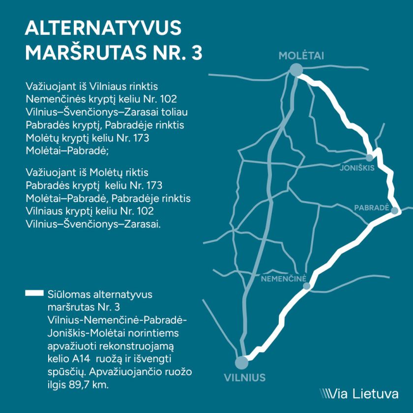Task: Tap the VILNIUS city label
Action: point(245,378)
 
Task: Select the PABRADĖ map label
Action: point(372,207)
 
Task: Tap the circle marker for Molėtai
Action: point(295,70)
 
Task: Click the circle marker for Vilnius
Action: point(241,363)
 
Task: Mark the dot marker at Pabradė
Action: point(395,210)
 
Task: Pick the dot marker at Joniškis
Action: point(369,157)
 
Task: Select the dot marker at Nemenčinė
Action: point(306,286)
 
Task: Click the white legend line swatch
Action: point(34,294)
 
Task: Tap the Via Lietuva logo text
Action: point(365,393)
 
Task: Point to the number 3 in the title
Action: point(196,52)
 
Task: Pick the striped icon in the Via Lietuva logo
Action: point(325,394)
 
